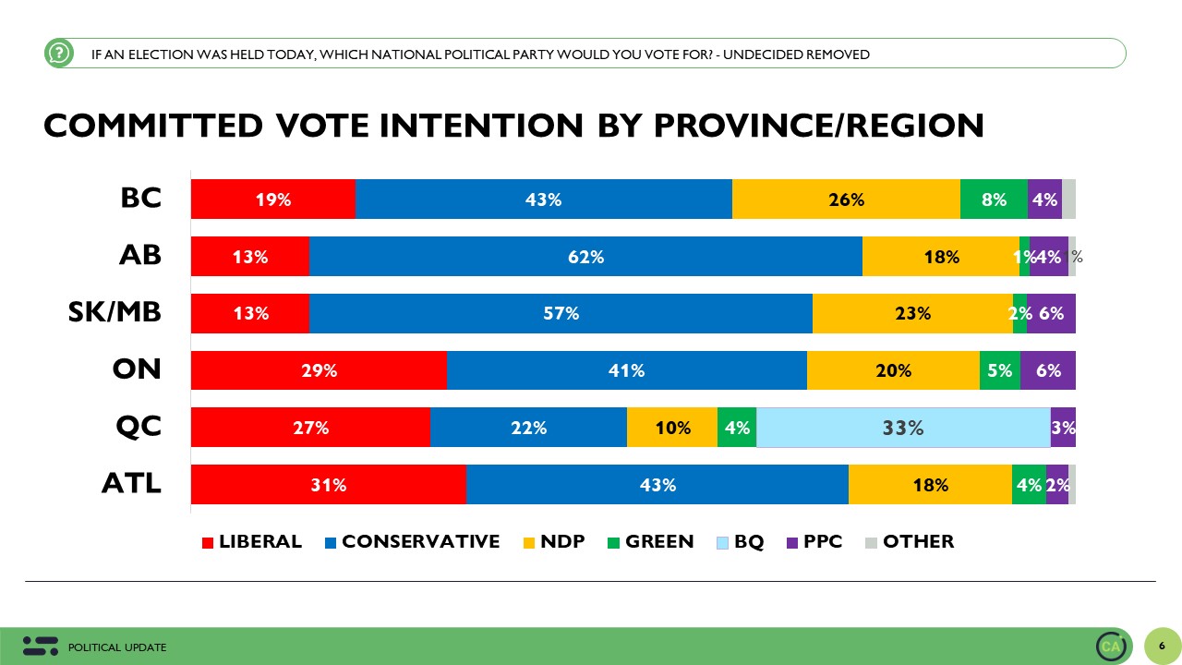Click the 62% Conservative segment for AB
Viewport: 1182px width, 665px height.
585,257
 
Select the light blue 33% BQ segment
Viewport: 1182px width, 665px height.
902,428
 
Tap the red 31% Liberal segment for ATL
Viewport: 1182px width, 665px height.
328,485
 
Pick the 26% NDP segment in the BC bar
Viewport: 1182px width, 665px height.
846,199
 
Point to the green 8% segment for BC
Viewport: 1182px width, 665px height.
994,199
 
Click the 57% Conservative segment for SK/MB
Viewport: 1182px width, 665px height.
561,314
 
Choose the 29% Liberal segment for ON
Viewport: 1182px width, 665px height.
319,371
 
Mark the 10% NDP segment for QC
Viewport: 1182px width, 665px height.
672,428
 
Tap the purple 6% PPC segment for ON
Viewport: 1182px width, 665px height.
1048,371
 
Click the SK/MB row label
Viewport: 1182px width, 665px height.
115,312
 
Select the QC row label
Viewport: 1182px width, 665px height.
138,426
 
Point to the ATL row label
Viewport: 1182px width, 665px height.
131,483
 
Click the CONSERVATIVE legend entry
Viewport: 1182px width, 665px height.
412,542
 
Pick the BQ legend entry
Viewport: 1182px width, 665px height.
740,542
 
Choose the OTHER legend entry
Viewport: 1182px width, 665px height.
909,542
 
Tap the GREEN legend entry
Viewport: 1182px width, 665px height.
649,542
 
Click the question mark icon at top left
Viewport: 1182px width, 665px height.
58,54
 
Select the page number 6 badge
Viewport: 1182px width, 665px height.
1161,646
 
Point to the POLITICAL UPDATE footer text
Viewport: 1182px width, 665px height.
117,647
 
